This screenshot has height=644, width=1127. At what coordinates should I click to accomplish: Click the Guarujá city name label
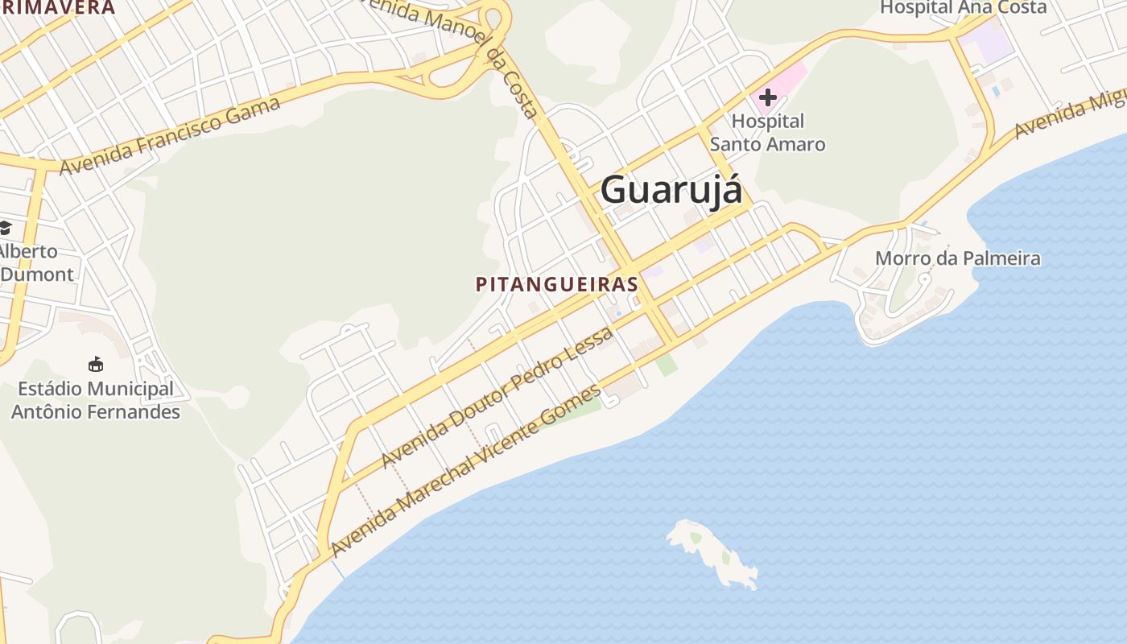point(671,190)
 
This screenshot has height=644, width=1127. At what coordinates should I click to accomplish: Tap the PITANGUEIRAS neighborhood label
point(557,284)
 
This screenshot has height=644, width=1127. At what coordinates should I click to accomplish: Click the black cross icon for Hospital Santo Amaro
point(767,97)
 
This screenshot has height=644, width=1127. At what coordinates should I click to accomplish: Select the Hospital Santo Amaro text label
point(767,133)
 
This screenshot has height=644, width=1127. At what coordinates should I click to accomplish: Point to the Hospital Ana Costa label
point(963,8)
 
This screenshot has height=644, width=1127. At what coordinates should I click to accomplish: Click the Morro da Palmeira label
point(957,258)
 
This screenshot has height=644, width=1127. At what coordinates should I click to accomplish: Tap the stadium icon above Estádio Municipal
point(96,365)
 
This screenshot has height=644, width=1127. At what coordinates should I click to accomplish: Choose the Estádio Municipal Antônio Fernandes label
point(96,400)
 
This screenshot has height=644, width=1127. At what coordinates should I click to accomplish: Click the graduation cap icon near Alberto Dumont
point(6,228)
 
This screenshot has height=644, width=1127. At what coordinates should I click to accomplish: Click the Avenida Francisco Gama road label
point(170,135)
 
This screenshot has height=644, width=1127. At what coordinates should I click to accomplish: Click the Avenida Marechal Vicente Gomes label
point(465,471)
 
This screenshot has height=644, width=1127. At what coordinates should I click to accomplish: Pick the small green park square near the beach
point(666,364)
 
